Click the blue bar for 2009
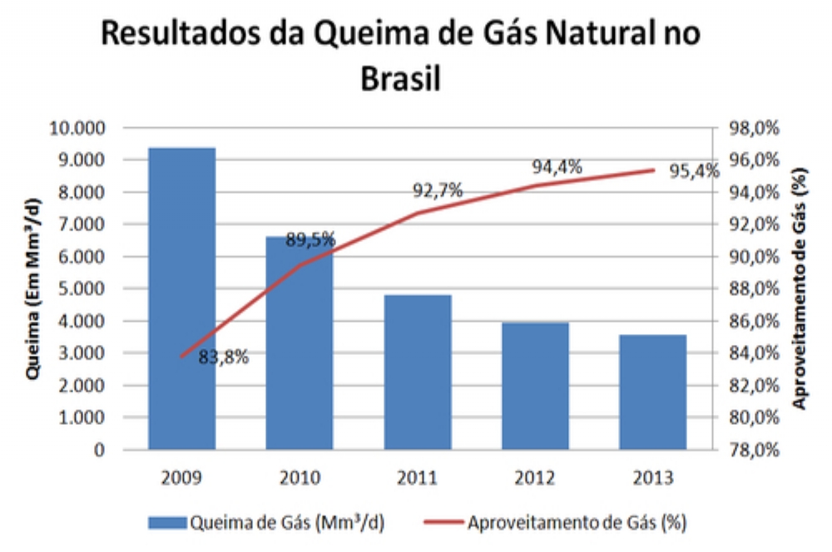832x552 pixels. [x=181, y=299]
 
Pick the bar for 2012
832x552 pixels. [x=536, y=387]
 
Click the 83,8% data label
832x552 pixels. [x=223, y=357]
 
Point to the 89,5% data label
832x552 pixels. [x=310, y=240]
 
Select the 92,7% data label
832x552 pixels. [x=438, y=191]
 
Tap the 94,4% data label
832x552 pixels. [x=557, y=167]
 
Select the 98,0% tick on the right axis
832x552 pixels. [x=753, y=128]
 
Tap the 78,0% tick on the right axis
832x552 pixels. [x=753, y=450]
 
